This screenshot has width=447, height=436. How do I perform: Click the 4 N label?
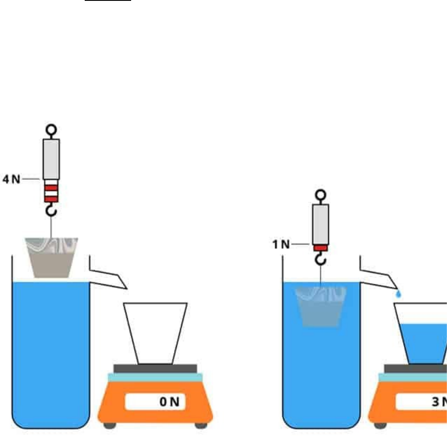tap(11, 179)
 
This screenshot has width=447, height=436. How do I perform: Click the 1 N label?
tap(281, 244)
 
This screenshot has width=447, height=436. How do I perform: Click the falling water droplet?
tap(398, 294)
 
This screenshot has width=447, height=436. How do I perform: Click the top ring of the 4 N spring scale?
tap(51, 129)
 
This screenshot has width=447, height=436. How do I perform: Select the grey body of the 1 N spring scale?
tap(321, 224)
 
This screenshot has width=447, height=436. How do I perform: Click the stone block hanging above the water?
tap(52, 257)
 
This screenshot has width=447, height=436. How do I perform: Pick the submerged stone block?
tap(321, 306)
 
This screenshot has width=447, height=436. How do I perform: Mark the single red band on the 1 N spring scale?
tap(321, 248)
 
